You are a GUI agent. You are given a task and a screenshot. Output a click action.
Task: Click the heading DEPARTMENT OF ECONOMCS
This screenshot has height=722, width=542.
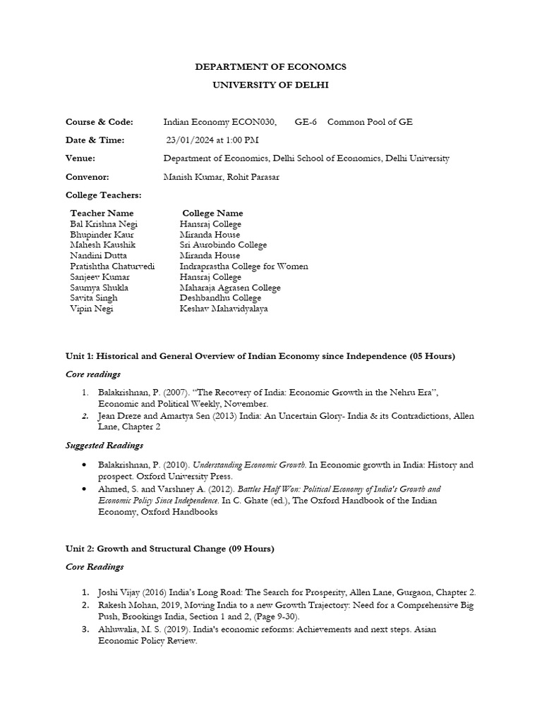coord(270,67)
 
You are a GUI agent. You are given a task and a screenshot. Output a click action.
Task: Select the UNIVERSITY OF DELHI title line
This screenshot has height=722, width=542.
coord(270,85)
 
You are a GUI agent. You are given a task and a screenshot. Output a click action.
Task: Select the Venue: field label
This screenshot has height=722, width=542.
coord(80,159)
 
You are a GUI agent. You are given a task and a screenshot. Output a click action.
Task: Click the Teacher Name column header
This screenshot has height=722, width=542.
coord(102,213)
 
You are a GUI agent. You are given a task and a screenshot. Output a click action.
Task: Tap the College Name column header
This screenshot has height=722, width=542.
coord(212,213)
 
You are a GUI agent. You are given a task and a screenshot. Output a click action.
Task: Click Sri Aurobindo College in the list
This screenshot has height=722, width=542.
coord(223,245)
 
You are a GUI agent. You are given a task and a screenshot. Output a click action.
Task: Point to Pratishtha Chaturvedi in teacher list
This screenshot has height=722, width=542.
coord(112,267)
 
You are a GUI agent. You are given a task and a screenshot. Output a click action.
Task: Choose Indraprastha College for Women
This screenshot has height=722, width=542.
coord(243,267)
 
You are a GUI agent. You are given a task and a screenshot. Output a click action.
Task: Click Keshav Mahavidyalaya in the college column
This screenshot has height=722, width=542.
coord(224,309)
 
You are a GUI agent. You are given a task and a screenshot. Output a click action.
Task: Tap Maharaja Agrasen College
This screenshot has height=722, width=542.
coord(230,288)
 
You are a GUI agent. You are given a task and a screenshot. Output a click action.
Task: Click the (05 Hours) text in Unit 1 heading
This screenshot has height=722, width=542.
coord(432,356)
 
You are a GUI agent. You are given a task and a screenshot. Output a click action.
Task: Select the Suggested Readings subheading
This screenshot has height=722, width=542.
coord(104,445)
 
